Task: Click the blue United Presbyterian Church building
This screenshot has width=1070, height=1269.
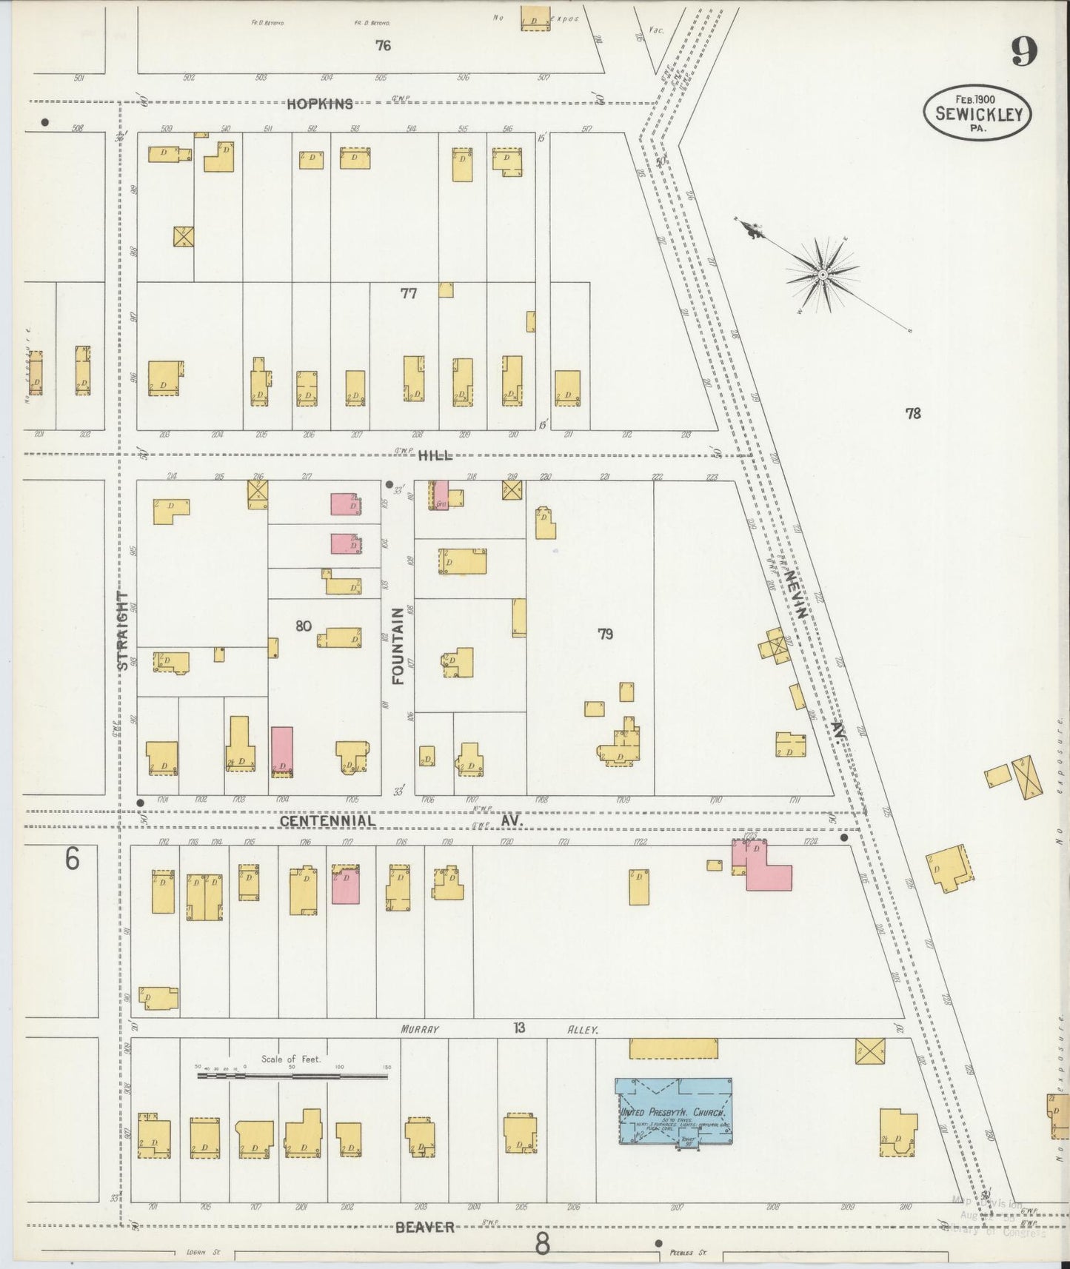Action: point(674,1111)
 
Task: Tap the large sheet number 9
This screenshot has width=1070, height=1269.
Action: point(1024,51)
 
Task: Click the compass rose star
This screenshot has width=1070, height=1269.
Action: point(822,275)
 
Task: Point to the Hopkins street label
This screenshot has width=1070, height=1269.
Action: point(320,104)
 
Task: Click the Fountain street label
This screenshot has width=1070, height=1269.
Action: point(398,645)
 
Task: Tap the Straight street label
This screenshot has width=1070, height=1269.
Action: point(123,630)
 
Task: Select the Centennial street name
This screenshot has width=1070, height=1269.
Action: point(327,821)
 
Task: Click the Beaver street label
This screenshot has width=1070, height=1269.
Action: point(424,1227)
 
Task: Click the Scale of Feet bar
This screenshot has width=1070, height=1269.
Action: point(292,1076)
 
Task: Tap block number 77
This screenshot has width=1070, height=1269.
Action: point(408,293)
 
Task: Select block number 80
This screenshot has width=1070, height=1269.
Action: point(303,626)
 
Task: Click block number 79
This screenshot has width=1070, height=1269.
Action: point(606,634)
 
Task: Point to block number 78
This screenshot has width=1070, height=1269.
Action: point(913,414)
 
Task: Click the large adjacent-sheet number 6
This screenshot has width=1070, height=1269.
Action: point(72,860)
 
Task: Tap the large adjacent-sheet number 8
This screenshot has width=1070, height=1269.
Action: point(543,1245)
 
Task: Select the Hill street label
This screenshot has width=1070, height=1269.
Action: point(435,456)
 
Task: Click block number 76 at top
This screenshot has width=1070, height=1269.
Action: point(382,46)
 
